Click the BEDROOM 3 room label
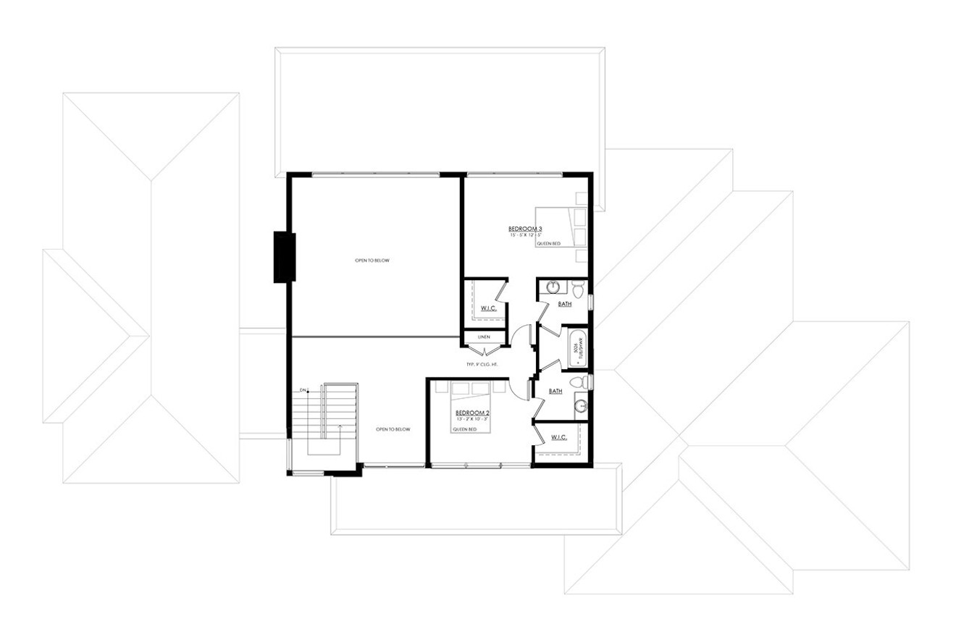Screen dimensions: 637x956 526,229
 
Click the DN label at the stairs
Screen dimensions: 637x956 303,391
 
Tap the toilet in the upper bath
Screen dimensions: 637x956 578,289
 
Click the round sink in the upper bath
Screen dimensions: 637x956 553,287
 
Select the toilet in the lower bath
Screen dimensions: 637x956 578,381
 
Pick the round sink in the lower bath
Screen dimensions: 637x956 579,406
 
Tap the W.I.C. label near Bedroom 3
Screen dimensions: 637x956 488,309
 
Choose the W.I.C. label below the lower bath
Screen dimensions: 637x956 558,436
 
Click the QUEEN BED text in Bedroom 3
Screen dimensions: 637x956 548,244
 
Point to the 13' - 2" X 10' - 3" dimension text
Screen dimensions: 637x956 471,420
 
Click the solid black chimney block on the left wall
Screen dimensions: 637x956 284,257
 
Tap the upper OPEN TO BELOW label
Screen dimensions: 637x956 372,261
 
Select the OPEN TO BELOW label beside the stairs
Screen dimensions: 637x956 393,429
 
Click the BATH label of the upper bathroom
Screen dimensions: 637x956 565,304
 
